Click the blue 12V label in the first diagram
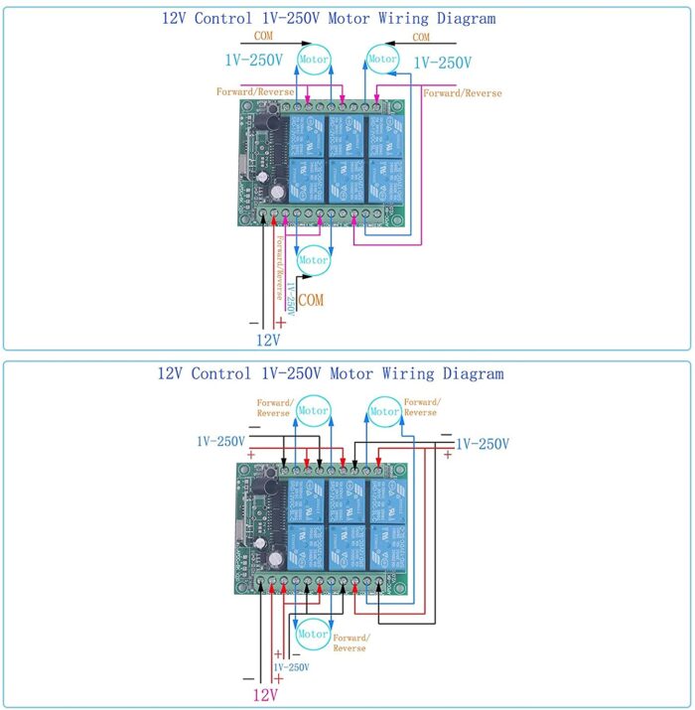point(268,339)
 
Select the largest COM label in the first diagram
point(311,299)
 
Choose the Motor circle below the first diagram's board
point(314,260)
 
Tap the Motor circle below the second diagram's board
point(314,634)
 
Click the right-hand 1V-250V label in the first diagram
point(443,62)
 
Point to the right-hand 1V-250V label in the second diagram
point(482,443)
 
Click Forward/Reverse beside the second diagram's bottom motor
point(349,642)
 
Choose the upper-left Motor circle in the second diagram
point(314,410)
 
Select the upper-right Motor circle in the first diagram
point(383,59)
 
